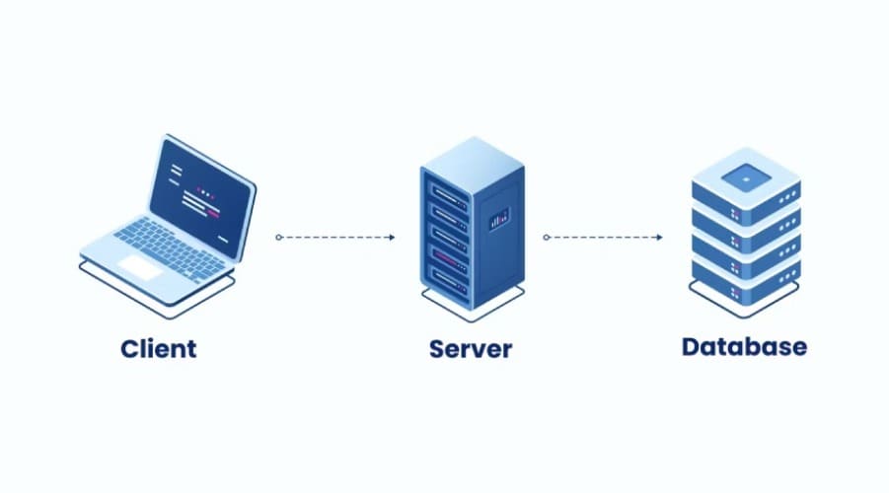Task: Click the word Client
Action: coord(159,348)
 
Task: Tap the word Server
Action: coord(471,349)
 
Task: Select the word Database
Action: coord(744,347)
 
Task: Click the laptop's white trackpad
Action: coord(140,267)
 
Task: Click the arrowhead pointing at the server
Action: coord(392,238)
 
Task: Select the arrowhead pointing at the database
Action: coord(659,238)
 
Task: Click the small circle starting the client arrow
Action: coord(279,238)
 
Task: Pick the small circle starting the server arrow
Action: coord(547,238)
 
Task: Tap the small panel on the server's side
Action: coord(499,219)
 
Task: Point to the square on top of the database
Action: coord(746,178)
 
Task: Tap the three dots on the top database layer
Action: coord(788,197)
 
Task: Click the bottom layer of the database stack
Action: coord(746,286)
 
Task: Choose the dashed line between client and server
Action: coord(335,238)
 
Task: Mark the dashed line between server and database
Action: coord(603,238)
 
